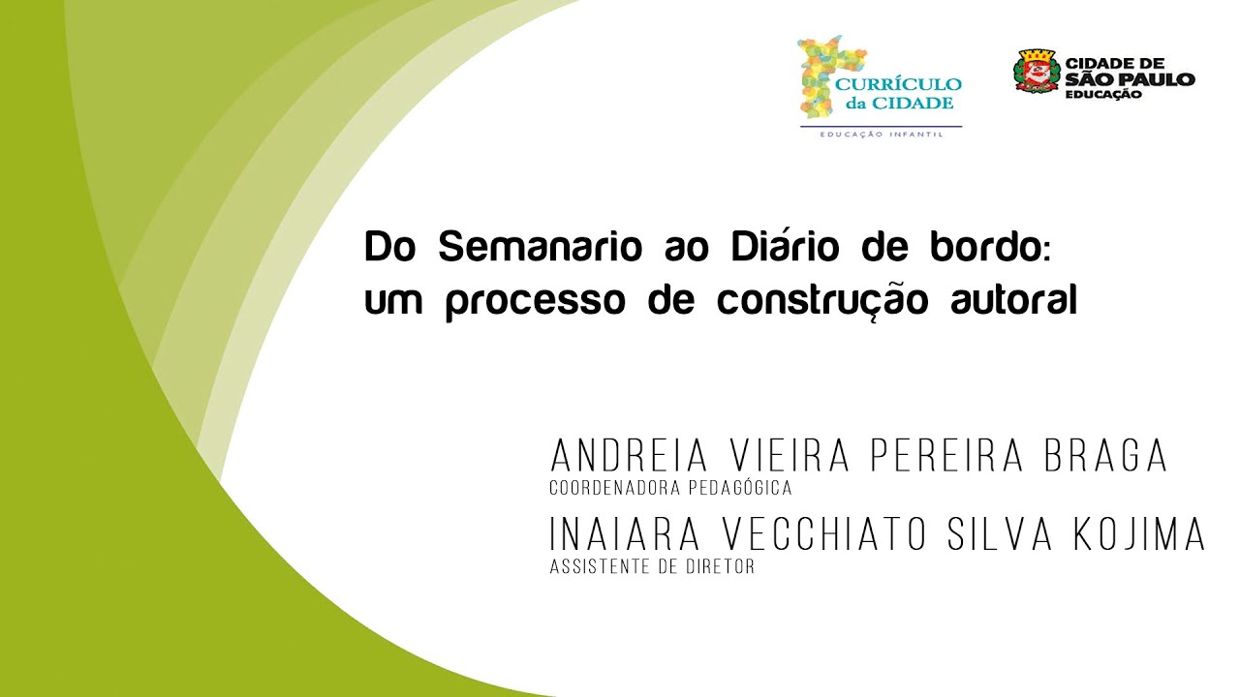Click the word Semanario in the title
[x=540, y=248]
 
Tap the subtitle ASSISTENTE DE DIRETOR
[x=651, y=567]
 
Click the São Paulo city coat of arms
[x=1035, y=73]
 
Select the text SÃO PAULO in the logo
[x=1130, y=79]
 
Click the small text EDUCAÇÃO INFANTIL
[x=882, y=134]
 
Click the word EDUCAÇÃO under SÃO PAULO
[x=1103, y=94]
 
